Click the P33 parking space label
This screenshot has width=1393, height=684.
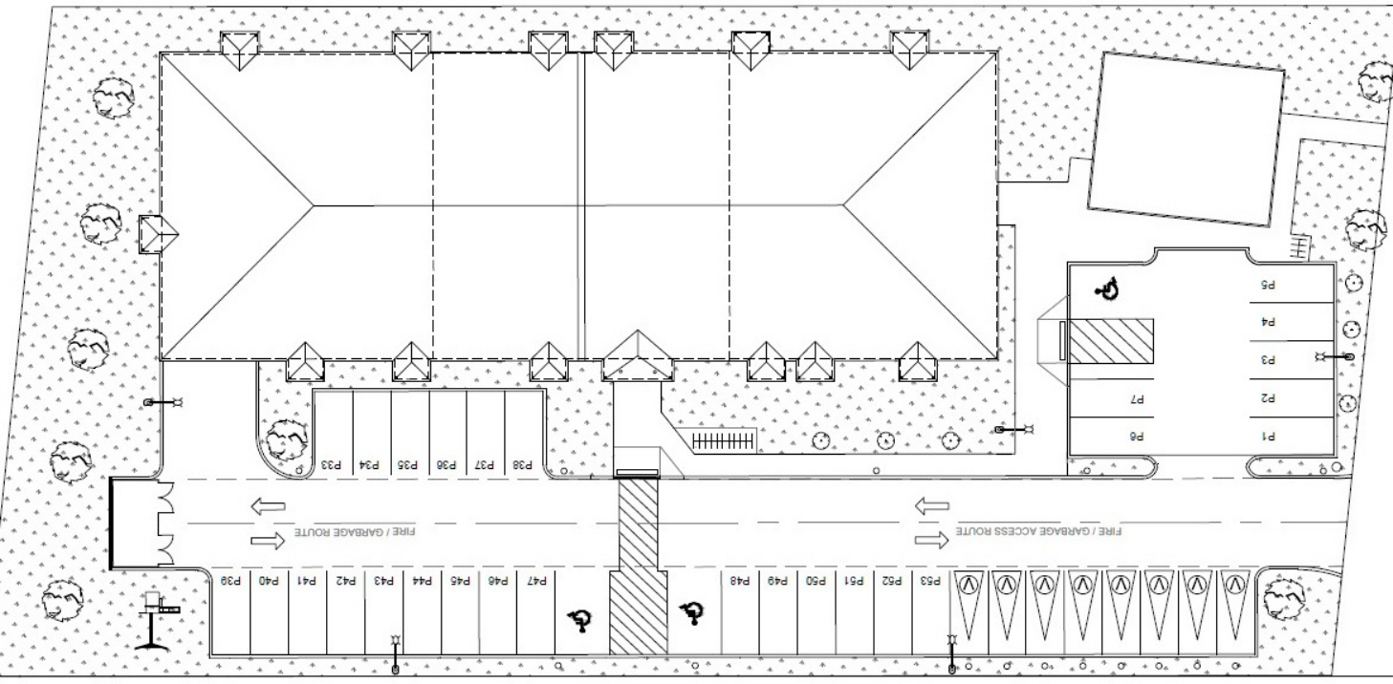point(332,465)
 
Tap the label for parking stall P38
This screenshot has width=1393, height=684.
point(523,465)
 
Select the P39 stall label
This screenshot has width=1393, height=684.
point(230,580)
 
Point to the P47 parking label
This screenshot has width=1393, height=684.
point(536,580)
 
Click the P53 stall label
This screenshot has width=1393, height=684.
point(930,580)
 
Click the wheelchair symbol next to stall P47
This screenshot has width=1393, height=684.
point(577,622)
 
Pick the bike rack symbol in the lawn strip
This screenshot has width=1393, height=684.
point(723,440)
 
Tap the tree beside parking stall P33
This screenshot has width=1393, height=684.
point(284,439)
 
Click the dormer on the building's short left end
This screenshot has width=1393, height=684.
point(158,234)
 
